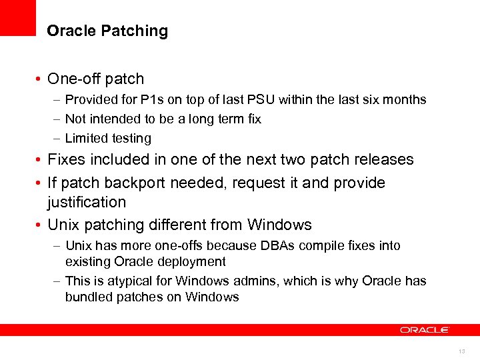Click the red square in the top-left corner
point(17,17)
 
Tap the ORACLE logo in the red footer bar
point(425,329)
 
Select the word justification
point(87,202)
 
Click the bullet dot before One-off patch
point(41,79)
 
